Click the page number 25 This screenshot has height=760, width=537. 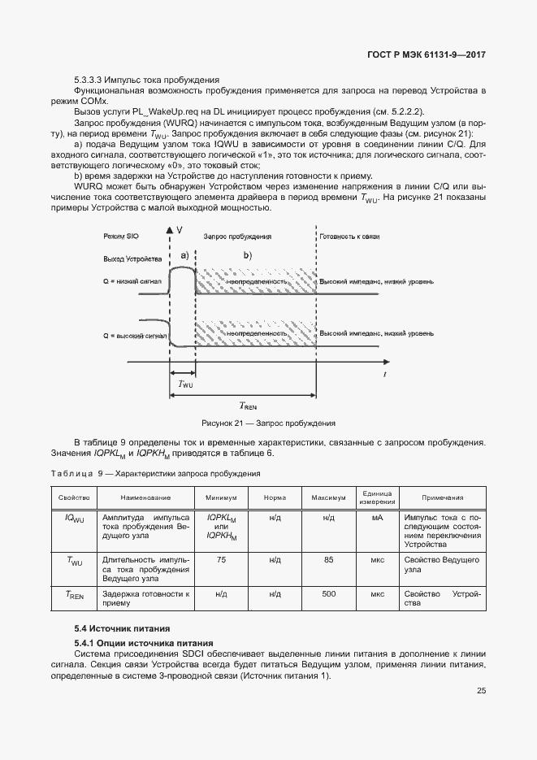tap(481, 691)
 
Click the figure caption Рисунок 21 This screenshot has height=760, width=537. tap(268, 423)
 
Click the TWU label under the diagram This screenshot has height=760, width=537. tap(185, 384)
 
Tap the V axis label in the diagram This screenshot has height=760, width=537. tap(179, 230)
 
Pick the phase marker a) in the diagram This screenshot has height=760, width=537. tap(184, 255)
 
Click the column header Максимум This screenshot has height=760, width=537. tap(329, 497)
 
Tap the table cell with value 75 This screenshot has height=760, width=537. tap(221, 559)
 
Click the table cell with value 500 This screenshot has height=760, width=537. tap(329, 594)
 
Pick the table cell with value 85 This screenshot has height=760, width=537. tap(329, 559)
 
